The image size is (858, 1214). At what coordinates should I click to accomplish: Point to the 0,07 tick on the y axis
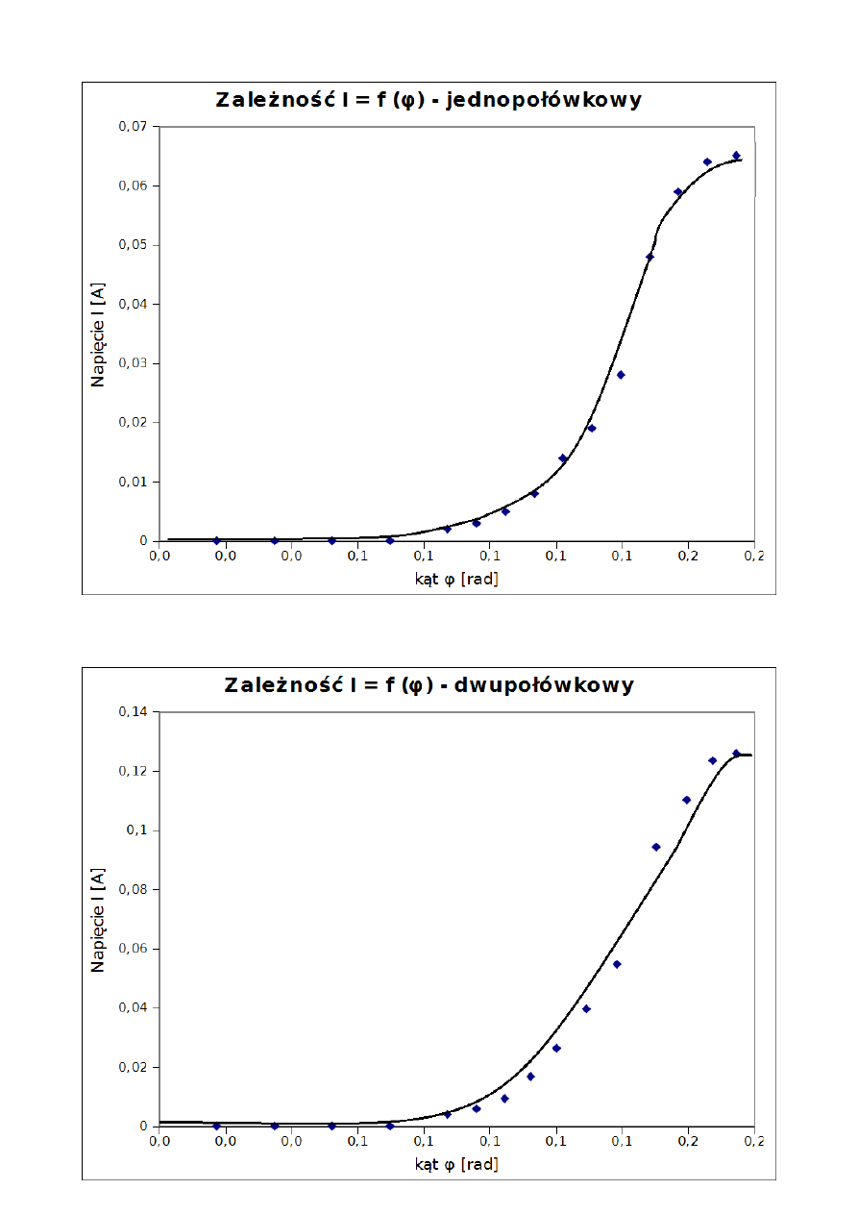pos(134,126)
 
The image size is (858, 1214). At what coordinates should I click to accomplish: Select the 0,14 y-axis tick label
pos(134,711)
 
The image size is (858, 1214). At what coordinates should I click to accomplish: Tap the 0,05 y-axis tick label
pos(134,245)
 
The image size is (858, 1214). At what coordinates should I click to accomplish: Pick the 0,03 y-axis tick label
pos(134,363)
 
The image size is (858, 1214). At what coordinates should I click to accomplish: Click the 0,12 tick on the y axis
pos(134,771)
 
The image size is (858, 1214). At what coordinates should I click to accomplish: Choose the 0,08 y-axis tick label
pos(134,889)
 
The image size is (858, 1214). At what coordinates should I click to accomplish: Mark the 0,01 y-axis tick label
pos(134,482)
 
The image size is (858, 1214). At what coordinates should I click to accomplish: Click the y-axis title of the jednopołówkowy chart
pos(98,334)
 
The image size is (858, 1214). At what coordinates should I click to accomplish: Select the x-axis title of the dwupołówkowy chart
pos(456,1164)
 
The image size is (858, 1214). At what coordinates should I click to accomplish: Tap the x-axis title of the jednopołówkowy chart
pos(456,579)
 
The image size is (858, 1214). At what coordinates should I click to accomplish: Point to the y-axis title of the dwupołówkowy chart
pos(98,919)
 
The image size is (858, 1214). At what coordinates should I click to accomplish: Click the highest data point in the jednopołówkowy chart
pos(736,155)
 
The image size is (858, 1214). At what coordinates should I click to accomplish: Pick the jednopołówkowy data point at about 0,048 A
pos(650,257)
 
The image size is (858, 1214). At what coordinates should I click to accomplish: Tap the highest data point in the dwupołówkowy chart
pos(736,754)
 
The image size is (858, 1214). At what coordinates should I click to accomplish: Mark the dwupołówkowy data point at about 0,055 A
pos(617,964)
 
